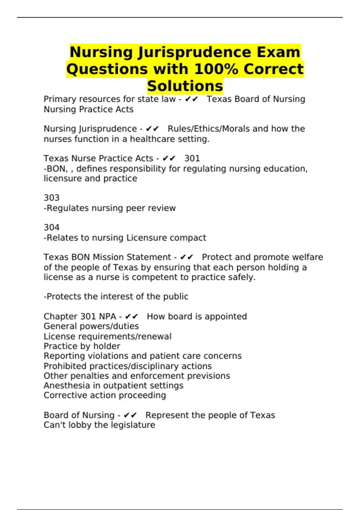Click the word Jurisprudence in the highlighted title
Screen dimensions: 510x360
click(x=194, y=52)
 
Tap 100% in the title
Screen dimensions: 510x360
click(x=216, y=69)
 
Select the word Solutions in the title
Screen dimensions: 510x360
click(x=185, y=86)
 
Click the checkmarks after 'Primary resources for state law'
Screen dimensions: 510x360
click(x=191, y=99)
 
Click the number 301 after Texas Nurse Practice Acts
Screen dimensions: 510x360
click(x=192, y=158)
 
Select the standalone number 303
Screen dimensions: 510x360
click(x=52, y=198)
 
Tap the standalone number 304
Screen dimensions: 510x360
click(x=52, y=228)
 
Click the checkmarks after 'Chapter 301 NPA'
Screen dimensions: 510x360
click(x=131, y=317)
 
